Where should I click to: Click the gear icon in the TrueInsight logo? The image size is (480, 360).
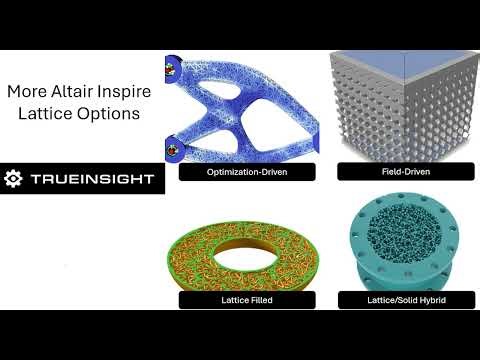[x=14, y=179]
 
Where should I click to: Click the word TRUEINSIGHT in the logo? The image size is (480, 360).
[x=91, y=179]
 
